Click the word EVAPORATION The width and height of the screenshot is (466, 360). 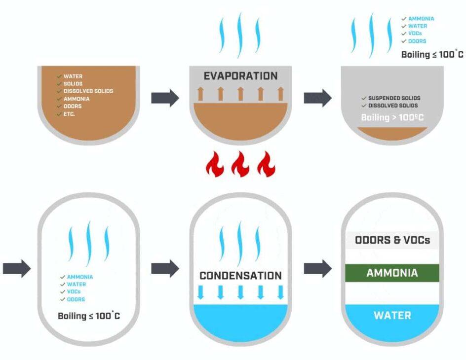click(240, 76)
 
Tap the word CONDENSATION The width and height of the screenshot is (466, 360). click(240, 275)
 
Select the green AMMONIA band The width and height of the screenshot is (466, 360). click(392, 273)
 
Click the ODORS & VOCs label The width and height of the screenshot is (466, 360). click(392, 240)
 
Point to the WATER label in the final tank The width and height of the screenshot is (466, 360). click(392, 315)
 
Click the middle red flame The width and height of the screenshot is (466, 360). click(240, 165)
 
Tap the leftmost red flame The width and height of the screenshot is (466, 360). click(215, 165)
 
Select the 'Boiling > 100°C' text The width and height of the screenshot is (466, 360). click(392, 117)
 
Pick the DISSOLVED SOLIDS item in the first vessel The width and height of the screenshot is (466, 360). click(88, 91)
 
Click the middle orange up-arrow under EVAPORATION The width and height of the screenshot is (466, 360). click(240, 93)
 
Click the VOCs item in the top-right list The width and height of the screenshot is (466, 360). click(415, 34)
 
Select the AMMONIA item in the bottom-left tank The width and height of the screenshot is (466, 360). click(79, 277)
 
